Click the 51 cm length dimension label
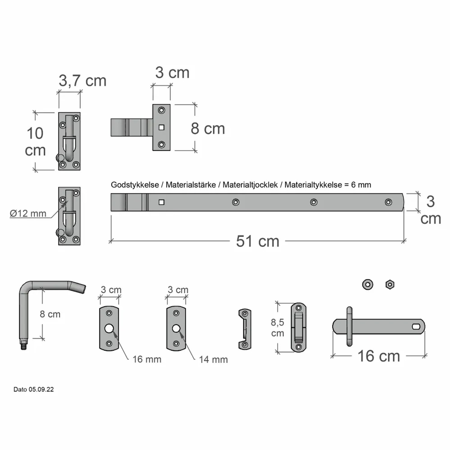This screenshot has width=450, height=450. (257, 241)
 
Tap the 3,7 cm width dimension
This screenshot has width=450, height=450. (82, 80)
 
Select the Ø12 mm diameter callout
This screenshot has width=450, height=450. (28, 213)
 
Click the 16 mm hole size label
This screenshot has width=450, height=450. (147, 359)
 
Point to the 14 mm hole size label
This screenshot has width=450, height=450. (213, 359)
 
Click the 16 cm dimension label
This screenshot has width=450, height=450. (379, 356)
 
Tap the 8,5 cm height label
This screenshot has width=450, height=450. (277, 328)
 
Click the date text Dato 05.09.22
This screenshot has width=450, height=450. (34, 389)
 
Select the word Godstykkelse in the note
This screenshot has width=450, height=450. (135, 185)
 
